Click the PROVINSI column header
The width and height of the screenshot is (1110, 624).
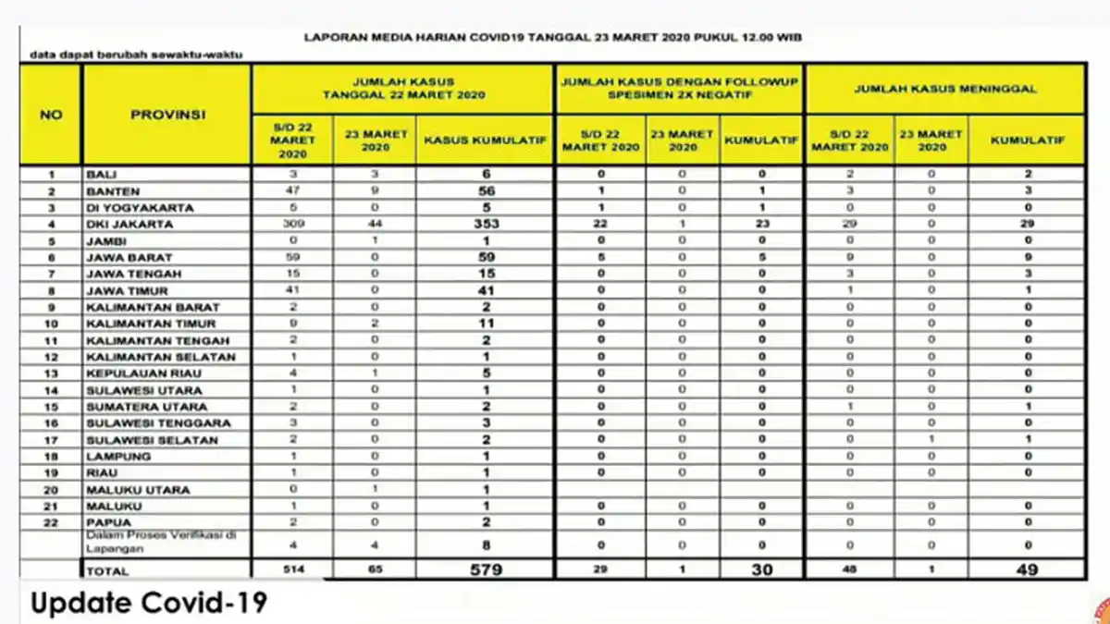pyautogui.click(x=166, y=116)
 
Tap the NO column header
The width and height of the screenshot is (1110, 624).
pyautogui.click(x=51, y=116)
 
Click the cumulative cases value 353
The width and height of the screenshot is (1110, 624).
pyautogui.click(x=485, y=224)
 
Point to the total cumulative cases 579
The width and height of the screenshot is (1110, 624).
pyautogui.click(x=485, y=570)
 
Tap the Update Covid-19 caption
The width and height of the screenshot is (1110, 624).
pyautogui.click(x=149, y=603)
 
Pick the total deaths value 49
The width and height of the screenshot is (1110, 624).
pyautogui.click(x=1026, y=570)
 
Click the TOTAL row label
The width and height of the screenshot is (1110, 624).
pyautogui.click(x=109, y=571)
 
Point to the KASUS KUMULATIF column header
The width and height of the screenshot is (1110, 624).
pyautogui.click(x=485, y=141)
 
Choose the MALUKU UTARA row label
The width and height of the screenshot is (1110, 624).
pyautogui.click(x=138, y=490)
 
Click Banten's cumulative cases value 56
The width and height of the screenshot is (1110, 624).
pyautogui.click(x=485, y=190)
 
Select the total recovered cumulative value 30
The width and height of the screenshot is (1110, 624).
pyautogui.click(x=761, y=570)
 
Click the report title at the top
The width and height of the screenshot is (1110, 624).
pyautogui.click(x=553, y=37)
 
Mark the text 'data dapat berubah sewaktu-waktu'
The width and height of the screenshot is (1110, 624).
pyautogui.click(x=136, y=55)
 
